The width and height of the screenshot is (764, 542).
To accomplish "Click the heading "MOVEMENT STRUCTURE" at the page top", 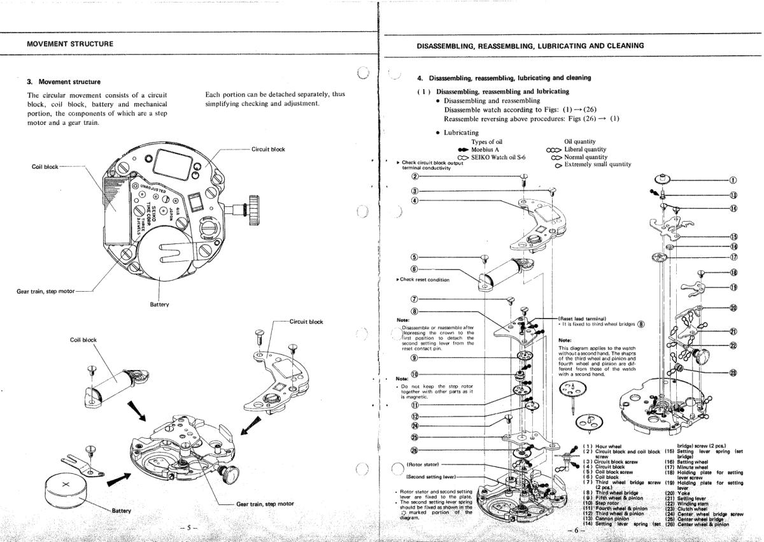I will tap(70, 44).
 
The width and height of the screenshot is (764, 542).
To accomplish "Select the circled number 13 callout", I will tap(733, 195).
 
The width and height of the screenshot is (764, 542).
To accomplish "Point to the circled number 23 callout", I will tap(733, 373).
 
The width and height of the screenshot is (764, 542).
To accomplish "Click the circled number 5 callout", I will tap(414, 257).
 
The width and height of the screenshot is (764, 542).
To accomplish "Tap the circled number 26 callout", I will tap(414, 451).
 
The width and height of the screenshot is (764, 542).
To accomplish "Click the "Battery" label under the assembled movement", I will tap(159, 304).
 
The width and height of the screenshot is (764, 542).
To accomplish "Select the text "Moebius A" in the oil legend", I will tap(489, 149).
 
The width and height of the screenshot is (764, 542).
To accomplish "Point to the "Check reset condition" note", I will tap(424, 280).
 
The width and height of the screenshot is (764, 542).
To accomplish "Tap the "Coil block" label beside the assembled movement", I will tap(45, 167).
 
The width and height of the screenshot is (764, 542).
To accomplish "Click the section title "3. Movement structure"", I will tap(63, 82).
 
